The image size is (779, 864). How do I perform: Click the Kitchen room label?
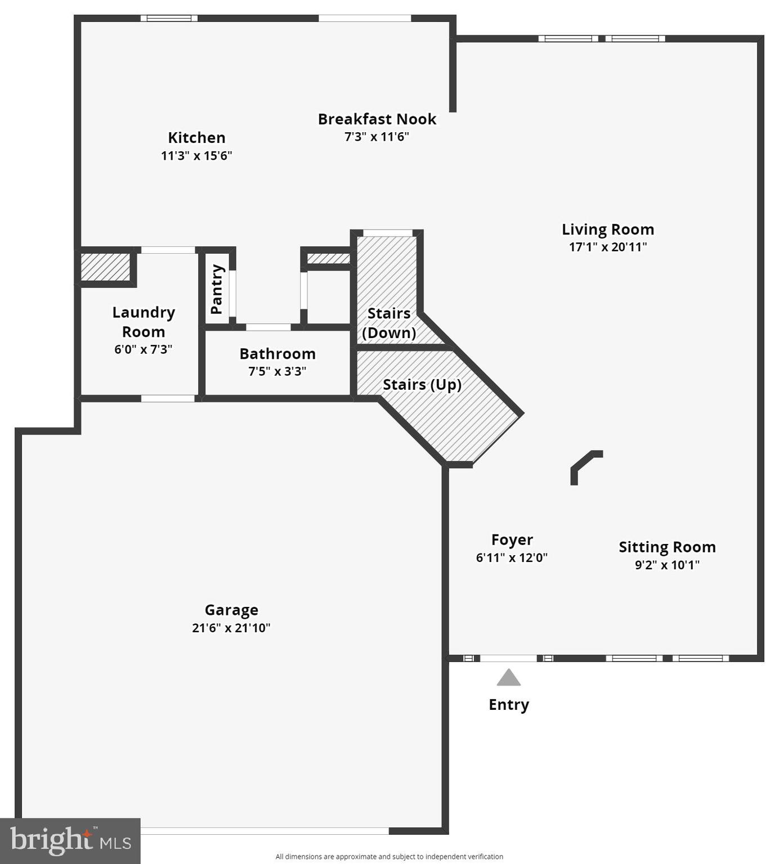coord(196,138)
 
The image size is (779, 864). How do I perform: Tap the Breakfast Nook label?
coord(377,119)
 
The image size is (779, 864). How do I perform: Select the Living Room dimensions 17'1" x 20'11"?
coord(607,247)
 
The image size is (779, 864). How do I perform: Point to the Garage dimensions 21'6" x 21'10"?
coord(231,628)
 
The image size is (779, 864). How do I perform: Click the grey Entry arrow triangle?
coord(508,678)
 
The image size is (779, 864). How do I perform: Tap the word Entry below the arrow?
coord(508,705)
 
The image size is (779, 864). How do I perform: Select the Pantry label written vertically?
coord(217,289)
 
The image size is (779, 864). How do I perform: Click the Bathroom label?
coord(277,354)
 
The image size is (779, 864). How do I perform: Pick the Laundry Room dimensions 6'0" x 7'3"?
coord(143,349)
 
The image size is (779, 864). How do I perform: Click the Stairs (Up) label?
coord(422,385)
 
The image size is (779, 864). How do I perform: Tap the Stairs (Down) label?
coord(388,323)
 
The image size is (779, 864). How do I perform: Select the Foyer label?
coord(512,540)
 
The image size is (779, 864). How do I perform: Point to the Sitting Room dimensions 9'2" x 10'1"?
coord(667,565)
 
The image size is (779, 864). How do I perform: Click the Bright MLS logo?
coord(70,841)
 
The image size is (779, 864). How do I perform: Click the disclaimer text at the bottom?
coord(389,857)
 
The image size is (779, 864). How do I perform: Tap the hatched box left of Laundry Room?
coord(105,267)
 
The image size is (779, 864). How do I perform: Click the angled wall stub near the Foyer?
coord(585,463)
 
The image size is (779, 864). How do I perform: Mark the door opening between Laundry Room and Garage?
coord(167,398)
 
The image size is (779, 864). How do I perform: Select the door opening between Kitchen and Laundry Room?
coord(167,250)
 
